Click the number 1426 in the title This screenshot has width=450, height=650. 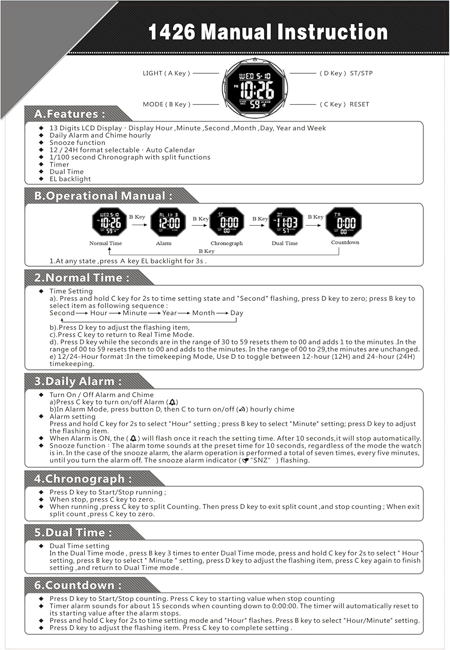[172, 32]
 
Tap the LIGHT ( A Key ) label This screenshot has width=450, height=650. [166, 73]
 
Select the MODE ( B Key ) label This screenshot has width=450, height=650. [166, 104]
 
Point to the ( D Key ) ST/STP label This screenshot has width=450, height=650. [346, 73]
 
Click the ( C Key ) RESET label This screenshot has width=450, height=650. [344, 104]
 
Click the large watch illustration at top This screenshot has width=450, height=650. [255, 89]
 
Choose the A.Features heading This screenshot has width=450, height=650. [70, 114]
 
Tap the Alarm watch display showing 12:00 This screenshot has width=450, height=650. [168, 222]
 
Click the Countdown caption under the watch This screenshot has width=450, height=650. [345, 243]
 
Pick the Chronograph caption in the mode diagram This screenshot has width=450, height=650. [227, 244]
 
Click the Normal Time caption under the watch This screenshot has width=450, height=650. [106, 244]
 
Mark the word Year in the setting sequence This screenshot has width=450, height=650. [169, 313]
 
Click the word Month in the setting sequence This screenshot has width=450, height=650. [204, 313]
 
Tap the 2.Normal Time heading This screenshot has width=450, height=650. [82, 278]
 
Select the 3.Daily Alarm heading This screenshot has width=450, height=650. [78, 381]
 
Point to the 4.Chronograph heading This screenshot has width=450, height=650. [82, 479]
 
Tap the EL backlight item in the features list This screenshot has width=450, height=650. [70, 179]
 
